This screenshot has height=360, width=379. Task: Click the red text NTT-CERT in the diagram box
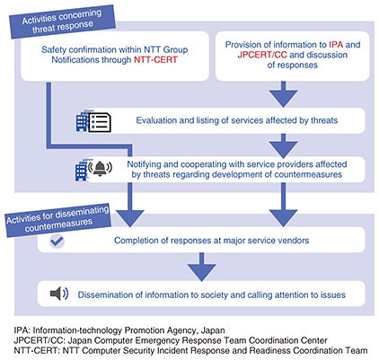155,60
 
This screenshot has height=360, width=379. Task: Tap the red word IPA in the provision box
336,45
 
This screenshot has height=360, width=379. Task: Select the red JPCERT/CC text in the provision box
262,55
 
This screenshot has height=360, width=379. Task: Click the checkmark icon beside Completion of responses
57,241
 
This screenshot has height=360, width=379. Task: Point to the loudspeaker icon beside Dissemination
59,294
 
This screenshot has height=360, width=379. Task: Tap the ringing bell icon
100,168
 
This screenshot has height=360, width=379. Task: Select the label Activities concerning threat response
62,22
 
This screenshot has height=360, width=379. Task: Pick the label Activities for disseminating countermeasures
58,221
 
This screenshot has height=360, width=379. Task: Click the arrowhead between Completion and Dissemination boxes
201,272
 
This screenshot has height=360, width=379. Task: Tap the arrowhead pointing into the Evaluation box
283,98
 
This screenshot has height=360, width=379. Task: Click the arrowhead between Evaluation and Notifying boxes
283,149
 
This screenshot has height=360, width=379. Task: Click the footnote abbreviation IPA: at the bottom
22,330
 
